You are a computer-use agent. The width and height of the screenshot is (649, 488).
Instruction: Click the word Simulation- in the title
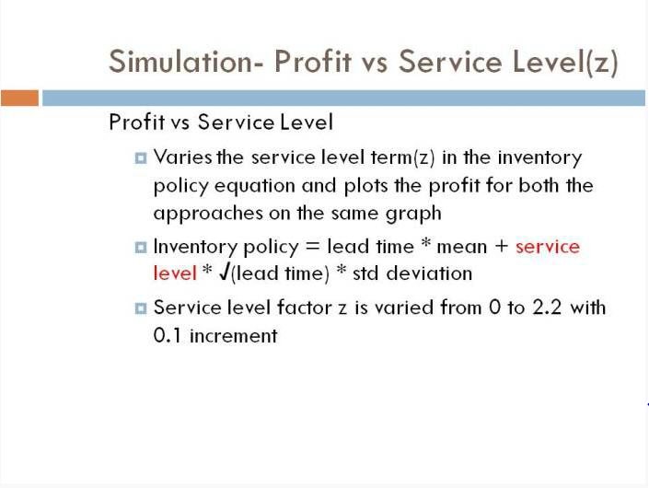[186, 62]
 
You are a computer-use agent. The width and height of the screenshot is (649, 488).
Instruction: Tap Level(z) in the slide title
[565, 63]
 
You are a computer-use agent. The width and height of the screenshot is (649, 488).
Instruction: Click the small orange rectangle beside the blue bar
[20, 99]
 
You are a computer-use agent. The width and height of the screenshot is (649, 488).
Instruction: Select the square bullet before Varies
[141, 158]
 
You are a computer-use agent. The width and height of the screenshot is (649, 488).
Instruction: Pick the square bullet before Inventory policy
[141, 248]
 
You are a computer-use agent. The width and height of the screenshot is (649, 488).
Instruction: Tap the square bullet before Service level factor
[141, 308]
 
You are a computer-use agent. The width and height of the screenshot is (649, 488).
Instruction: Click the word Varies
[182, 157]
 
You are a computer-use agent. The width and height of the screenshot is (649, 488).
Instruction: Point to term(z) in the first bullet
[402, 157]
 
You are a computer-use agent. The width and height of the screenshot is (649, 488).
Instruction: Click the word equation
[255, 186]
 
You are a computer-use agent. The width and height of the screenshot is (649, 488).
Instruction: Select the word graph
[413, 214]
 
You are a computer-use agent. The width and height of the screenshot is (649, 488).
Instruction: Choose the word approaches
[208, 214]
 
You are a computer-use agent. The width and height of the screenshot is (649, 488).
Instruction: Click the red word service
[548, 247]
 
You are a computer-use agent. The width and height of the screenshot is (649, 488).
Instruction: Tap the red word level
[175, 273]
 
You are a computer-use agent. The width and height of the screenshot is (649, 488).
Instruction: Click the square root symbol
[225, 273]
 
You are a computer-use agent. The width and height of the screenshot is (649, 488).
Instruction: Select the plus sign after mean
[501, 247]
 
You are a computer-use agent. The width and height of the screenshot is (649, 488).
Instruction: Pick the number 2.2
[547, 308]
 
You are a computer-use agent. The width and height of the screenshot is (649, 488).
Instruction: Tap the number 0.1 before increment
[168, 335]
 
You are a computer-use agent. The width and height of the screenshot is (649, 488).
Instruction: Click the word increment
[234, 335]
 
